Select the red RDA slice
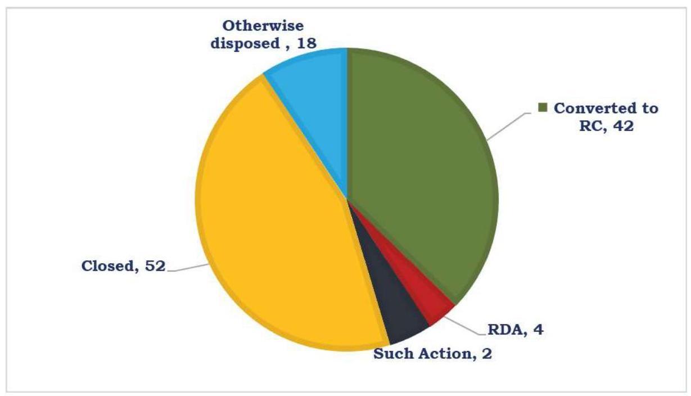435,307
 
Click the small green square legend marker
543,107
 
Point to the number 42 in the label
624,127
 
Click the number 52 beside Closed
154,266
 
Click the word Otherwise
263,26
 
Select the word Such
392,354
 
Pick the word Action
444,354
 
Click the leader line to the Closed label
186,269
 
